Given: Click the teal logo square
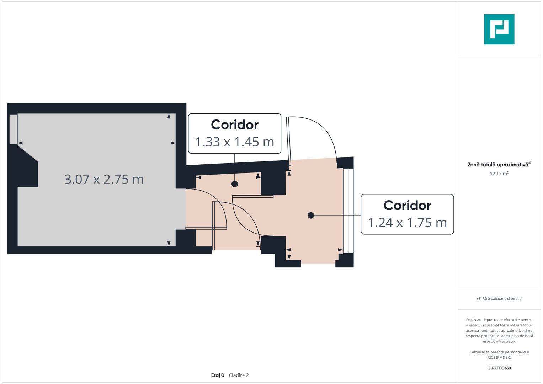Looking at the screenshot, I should tap(499, 29).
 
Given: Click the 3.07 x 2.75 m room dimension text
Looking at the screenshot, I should tap(104, 180).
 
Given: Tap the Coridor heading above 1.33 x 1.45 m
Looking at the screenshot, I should tap(235, 125).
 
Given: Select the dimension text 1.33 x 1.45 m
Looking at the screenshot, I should tap(235, 142).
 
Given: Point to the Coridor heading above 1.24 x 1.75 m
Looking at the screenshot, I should tap(407, 206).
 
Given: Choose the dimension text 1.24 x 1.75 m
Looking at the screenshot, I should tap(407, 223).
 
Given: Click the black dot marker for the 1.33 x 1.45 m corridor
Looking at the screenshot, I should tap(235, 184).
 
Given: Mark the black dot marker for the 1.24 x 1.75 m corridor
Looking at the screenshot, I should tap(311, 215).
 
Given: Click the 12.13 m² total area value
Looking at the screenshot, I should tap(499, 174).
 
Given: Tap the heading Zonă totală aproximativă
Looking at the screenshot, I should tap(498, 165).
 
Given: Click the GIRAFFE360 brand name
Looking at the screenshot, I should tap(499, 368).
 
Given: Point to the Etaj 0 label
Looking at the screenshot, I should tap(218, 375).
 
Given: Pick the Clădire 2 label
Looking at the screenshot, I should tap(239, 375).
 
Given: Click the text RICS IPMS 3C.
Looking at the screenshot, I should tap(499, 357).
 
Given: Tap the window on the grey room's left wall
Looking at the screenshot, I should tap(13, 129).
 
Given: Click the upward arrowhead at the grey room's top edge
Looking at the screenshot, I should tap(169, 116).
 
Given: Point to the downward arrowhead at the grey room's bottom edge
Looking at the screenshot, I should tap(169, 244).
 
